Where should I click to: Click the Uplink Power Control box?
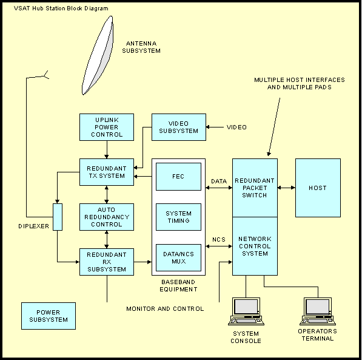(107, 127)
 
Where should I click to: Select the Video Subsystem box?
(178, 127)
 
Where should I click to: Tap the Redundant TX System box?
(107, 172)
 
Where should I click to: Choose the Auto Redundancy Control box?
(107, 217)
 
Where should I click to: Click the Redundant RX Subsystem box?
(107, 262)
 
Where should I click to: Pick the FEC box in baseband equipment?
(178, 177)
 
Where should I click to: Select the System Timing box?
(178, 217)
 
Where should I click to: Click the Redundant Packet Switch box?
(255, 188)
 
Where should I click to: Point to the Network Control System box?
(255, 245)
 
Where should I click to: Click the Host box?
(317, 188)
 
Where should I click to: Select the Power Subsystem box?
(49, 316)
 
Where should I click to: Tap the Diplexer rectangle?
(58, 217)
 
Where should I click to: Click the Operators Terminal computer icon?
(317, 311)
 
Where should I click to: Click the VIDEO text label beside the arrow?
(236, 127)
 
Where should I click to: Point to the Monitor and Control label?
(165, 309)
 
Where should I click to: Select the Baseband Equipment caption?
(178, 286)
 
